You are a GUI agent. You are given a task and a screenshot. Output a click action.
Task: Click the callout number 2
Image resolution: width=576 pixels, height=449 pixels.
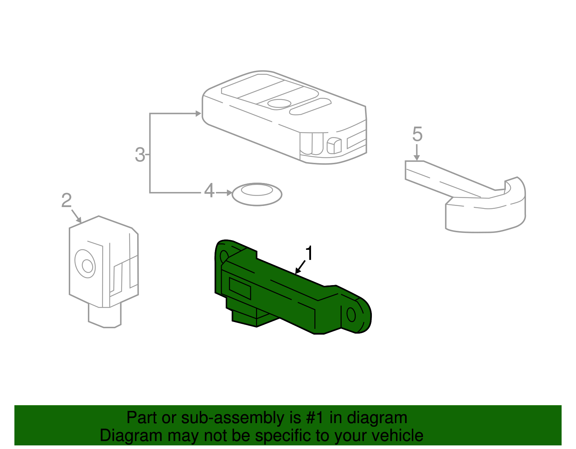coord(67,201)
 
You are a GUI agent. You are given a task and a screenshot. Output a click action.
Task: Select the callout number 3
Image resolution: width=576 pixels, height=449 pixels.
coord(140,155)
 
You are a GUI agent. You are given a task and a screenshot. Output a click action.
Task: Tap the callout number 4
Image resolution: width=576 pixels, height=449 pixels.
coord(209,191)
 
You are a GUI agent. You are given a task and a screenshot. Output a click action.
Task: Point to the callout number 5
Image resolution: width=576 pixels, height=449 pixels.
coord(417,134)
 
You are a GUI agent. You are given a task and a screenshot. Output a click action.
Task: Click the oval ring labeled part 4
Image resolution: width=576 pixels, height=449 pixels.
coord(257,194)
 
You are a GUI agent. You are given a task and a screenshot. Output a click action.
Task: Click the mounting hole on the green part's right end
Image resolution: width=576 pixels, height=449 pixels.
coord(351,315)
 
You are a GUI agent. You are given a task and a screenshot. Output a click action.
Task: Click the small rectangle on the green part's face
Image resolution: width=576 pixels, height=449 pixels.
coord(240,288)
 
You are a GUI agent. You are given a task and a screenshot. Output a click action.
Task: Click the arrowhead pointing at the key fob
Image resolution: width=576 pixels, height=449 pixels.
coord(198,114)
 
